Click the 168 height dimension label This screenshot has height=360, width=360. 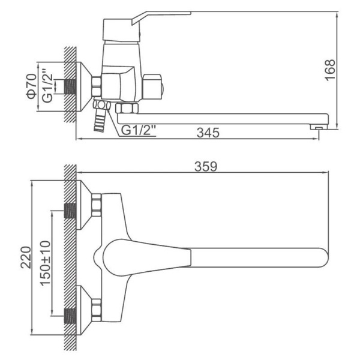click(330, 70)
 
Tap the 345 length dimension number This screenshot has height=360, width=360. click(208, 133)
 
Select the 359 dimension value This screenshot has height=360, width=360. click(206, 166)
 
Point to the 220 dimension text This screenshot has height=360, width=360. click(26, 257)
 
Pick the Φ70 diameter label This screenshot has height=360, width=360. click(32, 86)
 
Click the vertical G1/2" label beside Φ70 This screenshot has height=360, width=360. click(47, 88)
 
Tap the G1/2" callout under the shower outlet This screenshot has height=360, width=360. click(139, 130)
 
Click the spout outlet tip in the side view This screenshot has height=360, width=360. click(319, 127)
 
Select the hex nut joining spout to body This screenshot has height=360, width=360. click(127, 108)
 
